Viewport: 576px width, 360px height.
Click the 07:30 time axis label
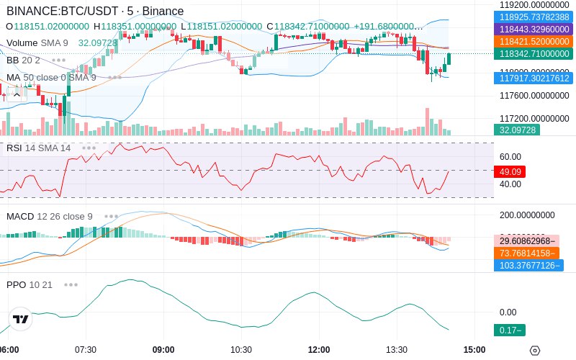(86, 350)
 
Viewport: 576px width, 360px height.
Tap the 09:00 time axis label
(163, 350)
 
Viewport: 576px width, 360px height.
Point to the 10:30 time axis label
(241, 350)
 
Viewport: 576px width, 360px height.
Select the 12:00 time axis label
(319, 350)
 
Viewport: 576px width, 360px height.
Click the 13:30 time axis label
(397, 350)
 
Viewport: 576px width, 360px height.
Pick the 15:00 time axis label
(474, 350)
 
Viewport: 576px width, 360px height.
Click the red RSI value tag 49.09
(508, 172)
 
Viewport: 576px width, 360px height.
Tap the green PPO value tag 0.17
(508, 330)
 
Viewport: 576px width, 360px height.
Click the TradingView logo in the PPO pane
(21, 319)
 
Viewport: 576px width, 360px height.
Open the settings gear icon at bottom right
(534, 351)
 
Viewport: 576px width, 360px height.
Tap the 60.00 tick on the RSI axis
(510, 157)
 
